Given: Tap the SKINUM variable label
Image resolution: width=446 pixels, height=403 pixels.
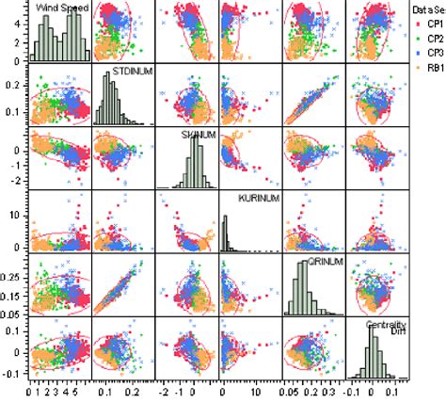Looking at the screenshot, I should click(197, 135).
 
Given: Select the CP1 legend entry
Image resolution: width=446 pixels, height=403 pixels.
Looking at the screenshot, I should click(428, 24).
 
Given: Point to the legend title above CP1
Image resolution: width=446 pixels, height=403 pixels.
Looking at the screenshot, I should click(428, 8).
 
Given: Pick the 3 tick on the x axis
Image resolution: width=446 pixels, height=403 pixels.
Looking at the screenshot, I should click(60, 390).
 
